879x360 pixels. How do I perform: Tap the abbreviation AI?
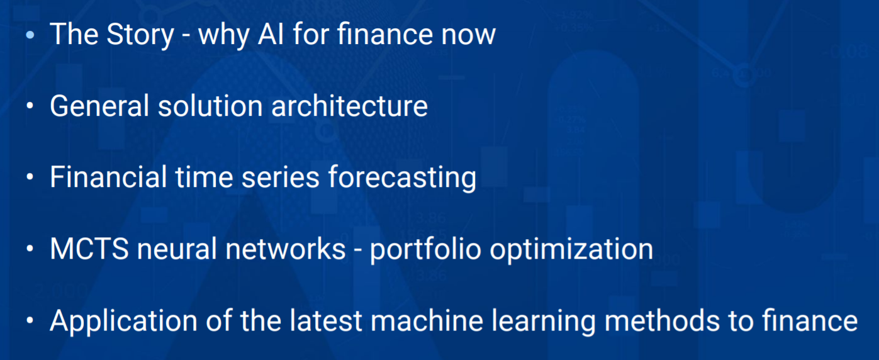(x=271, y=34)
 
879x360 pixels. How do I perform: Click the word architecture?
(x=349, y=106)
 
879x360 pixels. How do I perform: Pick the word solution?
(x=210, y=106)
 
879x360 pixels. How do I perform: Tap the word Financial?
(x=108, y=177)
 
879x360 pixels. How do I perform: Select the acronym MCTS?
(x=89, y=249)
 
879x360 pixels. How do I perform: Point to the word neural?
(x=177, y=249)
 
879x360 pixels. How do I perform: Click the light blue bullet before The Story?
(x=30, y=35)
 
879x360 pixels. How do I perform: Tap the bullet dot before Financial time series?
(x=30, y=177)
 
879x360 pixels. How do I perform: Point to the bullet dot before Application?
(x=30, y=320)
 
